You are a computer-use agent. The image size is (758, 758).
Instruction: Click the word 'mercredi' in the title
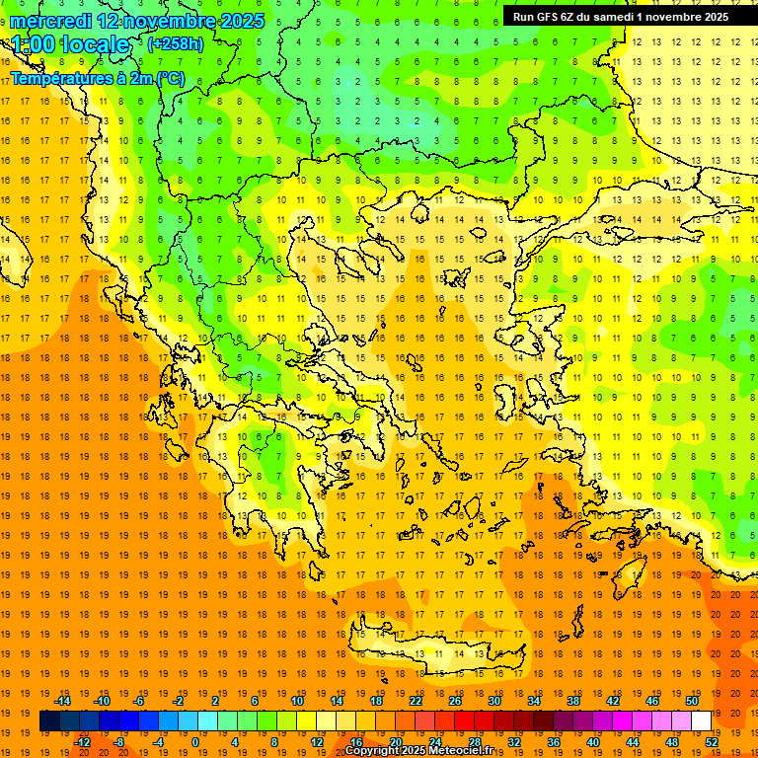[51, 21]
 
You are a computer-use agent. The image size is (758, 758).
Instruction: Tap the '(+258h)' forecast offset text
[176, 44]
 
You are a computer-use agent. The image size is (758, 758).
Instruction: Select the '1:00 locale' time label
[70, 44]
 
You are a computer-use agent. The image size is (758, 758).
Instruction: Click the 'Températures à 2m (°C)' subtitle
[98, 78]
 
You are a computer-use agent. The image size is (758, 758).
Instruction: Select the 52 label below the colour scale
[713, 742]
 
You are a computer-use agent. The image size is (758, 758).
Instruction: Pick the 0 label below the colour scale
[195, 742]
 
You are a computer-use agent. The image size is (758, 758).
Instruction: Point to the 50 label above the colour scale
[692, 701]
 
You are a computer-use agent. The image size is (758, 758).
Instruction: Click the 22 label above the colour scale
[416, 701]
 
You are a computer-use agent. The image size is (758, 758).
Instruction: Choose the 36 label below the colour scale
[554, 742]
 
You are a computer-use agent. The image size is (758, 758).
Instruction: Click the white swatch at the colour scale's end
[701, 721]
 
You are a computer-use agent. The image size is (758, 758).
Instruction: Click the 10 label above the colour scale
[297, 701]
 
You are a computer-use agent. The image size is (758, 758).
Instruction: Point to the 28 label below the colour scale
[475, 742]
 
